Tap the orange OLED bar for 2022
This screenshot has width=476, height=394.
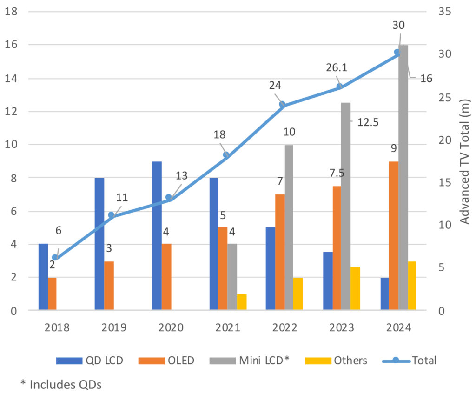pyautogui.click(x=280, y=252)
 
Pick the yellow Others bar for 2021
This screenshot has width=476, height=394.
pyautogui.click(x=241, y=302)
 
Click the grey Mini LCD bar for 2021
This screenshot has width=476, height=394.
pyautogui.click(x=232, y=276)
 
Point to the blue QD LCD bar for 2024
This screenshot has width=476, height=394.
pyautogui.click(x=385, y=294)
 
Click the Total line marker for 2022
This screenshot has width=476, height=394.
pyautogui.click(x=282, y=104)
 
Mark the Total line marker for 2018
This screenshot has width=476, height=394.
pyautogui.click(x=55, y=257)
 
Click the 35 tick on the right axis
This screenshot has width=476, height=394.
pyautogui.click(x=445, y=11)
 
